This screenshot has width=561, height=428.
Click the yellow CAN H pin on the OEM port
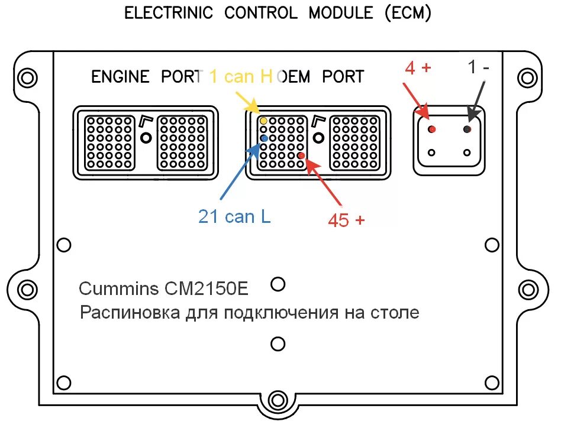[264, 121]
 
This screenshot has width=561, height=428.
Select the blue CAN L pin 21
[264, 138]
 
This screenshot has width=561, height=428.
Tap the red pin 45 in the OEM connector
[301, 155]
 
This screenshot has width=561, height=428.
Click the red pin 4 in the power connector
[432, 129]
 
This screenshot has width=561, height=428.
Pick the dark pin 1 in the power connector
[468, 129]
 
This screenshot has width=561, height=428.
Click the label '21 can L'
[234, 217]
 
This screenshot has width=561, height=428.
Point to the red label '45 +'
[346, 220]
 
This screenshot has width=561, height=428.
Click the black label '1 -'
[478, 67]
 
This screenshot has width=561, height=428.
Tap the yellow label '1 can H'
[240, 76]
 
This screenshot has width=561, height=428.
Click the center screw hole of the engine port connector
[146, 138]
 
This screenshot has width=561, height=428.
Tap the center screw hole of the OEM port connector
[320, 138]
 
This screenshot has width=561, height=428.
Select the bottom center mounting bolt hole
[276, 400]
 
